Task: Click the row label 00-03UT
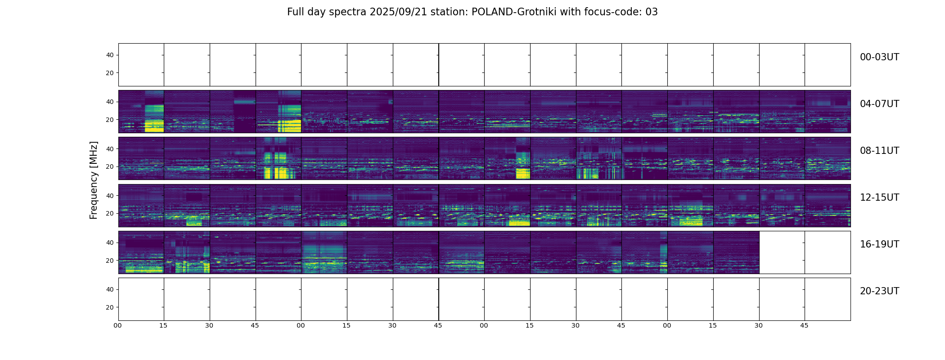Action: coord(879,57)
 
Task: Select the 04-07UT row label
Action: coord(879,104)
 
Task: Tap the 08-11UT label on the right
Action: coord(879,151)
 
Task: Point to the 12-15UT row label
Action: coord(879,198)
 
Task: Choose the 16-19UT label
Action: coord(879,244)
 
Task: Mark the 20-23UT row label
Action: coord(879,291)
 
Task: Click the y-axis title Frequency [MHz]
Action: coord(94,180)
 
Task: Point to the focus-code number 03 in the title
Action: coord(652,12)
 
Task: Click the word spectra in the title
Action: coord(348,12)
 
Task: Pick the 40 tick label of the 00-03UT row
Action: coord(110,55)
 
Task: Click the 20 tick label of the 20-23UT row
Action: coord(110,307)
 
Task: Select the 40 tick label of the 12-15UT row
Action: coord(110,196)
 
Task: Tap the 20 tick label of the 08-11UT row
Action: coord(110,166)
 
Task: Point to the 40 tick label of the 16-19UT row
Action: coord(110,243)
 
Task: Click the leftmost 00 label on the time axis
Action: coord(118,325)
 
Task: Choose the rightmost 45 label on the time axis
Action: coord(804,325)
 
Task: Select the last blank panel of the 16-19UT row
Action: coord(828,252)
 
